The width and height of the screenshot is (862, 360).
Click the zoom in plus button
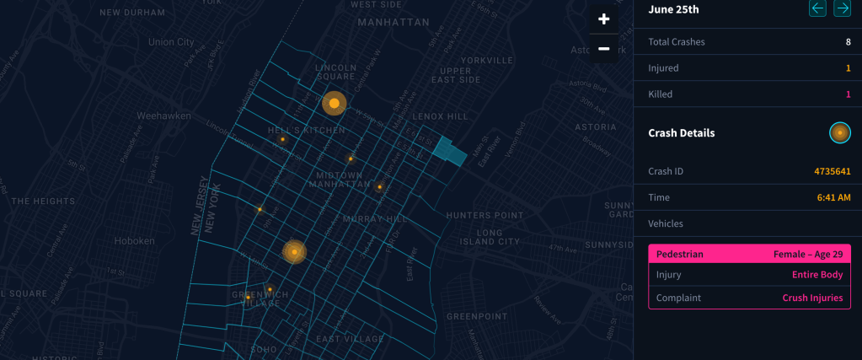tap(603, 19)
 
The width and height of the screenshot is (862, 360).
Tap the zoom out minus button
tap(603, 49)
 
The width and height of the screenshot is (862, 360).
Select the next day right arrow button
tap(841, 8)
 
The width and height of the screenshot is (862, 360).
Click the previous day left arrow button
tap(817, 8)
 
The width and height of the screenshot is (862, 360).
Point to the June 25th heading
tap(673, 9)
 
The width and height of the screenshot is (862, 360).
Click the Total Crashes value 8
tap(848, 41)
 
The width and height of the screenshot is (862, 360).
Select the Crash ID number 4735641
tap(832, 171)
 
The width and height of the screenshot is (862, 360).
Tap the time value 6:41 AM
tap(833, 197)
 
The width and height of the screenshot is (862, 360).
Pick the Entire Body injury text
tap(816, 275)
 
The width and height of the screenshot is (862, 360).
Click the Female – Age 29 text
tap(807, 254)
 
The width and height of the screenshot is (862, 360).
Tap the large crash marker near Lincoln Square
tap(334, 104)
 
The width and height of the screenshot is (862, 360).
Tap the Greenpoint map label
tap(476, 316)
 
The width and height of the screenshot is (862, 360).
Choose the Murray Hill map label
tap(375, 219)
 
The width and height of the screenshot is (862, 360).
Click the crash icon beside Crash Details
tap(839, 132)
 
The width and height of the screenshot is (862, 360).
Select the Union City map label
tap(171, 41)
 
